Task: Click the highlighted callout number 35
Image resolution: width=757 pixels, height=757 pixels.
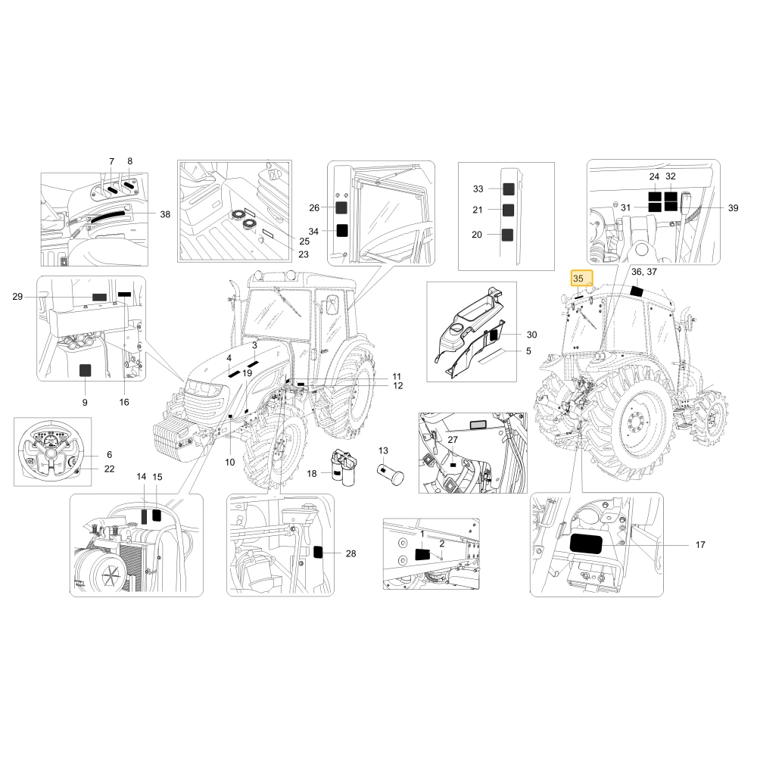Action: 578,279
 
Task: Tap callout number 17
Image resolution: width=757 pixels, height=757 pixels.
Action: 700,544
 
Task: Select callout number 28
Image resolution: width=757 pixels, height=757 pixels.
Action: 351,554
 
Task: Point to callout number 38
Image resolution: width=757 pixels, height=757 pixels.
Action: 165,214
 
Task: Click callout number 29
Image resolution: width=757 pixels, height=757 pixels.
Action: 17,297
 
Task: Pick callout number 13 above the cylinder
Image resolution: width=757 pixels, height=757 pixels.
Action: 383,450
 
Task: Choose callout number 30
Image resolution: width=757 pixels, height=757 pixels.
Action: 531,335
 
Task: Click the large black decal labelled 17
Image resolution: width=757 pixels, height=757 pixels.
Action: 586,544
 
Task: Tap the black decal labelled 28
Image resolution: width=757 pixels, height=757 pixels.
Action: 318,552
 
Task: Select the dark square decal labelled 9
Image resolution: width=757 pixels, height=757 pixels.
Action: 85,370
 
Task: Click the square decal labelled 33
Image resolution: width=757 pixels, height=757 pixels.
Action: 509,188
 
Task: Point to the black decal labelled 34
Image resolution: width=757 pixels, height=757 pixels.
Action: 342,230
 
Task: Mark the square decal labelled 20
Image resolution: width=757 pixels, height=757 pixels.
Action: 507,235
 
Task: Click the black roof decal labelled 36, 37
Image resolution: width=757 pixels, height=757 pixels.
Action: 637,291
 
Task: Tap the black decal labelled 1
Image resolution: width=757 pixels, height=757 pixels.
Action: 423,554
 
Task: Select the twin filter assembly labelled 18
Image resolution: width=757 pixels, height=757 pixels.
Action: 341,467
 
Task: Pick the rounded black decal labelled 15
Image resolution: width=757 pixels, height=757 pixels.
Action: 157,515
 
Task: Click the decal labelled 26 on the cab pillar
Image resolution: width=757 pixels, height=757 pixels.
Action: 341,207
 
